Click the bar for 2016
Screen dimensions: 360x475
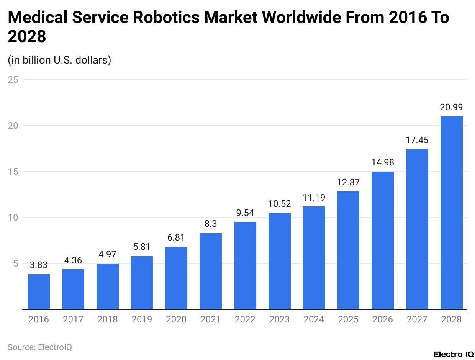[x=39, y=292]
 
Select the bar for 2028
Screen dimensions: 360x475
[x=451, y=213]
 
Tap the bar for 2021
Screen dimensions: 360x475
[x=211, y=271]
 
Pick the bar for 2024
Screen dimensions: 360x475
[x=314, y=258]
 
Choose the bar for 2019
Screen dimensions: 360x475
[x=142, y=283]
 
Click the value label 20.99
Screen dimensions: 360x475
[x=451, y=108]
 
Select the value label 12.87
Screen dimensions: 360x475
[x=348, y=182]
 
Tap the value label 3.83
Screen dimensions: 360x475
[x=39, y=265]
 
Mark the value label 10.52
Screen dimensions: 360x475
[x=279, y=204]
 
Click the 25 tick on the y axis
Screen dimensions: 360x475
[x=14, y=80]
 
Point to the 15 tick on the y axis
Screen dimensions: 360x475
[x=14, y=172]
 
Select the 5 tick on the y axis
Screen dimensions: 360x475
[x=16, y=263]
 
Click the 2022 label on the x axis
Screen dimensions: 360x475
[x=245, y=319]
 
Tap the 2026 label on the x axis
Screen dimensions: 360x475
[x=383, y=319]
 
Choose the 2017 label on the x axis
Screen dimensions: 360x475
[x=73, y=319]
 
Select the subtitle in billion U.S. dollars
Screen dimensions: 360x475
[x=59, y=60]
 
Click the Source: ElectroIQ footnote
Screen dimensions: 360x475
[x=40, y=347]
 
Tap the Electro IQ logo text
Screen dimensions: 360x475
[x=454, y=354]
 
